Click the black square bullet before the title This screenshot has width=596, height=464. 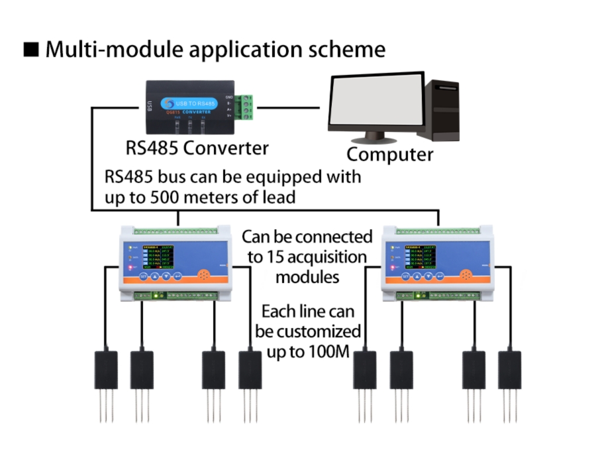coord(30,50)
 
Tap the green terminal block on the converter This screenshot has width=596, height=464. coord(246,107)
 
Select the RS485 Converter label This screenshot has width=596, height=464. coord(197,147)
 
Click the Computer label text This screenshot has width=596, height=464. coord(390,154)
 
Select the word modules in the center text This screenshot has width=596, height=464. coord(307,276)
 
